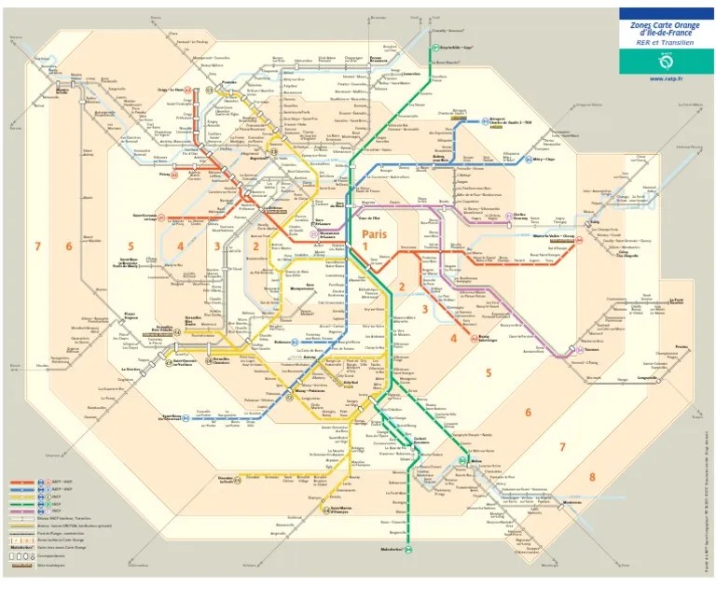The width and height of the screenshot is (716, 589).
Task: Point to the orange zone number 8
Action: click(591, 479)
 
